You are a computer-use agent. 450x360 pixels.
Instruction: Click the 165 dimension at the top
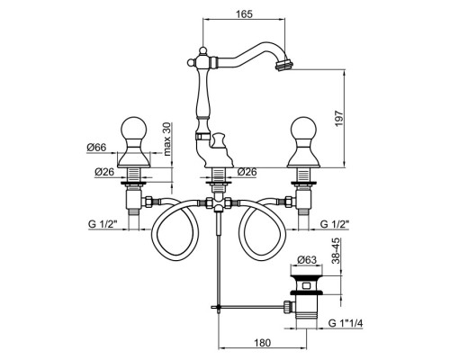point(244,13)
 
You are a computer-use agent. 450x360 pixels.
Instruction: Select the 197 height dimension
point(338,118)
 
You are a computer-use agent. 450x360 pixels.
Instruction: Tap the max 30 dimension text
point(166,139)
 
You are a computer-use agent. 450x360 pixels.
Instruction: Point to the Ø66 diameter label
point(96,148)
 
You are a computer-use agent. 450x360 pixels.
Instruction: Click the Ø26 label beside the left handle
point(104,172)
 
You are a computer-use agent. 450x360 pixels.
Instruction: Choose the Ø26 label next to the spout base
point(247,172)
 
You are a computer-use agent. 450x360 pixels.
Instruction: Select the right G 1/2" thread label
point(335,224)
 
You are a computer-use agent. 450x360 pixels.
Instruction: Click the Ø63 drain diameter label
point(307,260)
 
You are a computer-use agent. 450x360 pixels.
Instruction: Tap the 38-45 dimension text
point(337,251)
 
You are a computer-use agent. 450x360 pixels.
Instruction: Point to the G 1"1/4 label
point(346,323)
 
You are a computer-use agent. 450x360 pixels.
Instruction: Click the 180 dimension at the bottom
point(262,343)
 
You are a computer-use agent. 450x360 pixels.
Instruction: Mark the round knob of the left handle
point(133,129)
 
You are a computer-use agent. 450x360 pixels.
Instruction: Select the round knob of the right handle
point(303,129)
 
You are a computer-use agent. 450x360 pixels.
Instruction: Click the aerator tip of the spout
point(283,65)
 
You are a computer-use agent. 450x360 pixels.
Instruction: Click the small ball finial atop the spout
point(203,49)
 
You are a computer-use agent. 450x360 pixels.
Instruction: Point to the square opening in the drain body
point(306,286)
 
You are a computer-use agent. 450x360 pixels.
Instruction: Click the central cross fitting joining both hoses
point(218,203)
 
